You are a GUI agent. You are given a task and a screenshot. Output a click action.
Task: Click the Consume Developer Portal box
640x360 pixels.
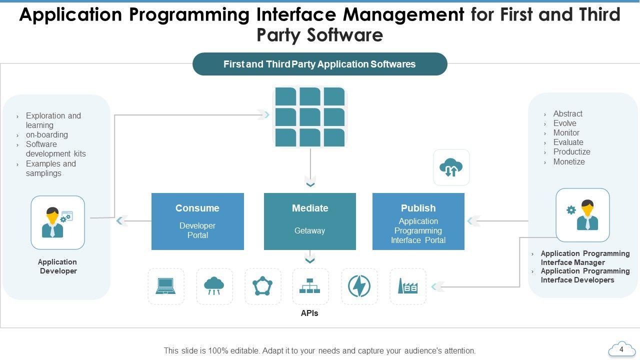tap(197, 221)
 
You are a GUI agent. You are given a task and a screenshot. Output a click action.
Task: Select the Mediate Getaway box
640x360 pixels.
tap(310, 221)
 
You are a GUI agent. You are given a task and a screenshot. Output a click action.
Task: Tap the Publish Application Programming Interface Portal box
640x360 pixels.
tap(418, 221)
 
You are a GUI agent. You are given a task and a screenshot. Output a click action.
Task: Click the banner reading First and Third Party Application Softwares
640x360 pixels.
tap(319, 64)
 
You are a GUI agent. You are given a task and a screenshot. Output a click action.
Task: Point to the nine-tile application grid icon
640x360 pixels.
tap(310, 116)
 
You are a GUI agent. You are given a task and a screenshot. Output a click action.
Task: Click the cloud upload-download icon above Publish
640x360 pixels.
tap(451, 167)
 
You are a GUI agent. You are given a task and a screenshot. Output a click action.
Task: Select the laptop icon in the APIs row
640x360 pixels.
tap(165, 286)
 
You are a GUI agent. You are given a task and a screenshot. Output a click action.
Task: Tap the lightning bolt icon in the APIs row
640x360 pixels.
tap(359, 286)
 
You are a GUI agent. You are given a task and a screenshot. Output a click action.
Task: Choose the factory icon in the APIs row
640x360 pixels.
tap(407, 286)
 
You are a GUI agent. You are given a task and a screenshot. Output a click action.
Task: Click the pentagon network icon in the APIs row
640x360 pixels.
tap(262, 286)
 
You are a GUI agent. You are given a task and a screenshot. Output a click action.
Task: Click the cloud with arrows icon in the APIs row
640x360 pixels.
tap(214, 286)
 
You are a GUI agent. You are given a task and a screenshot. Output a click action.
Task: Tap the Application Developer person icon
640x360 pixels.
tap(57, 222)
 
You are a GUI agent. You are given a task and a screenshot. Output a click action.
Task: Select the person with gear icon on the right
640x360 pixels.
tap(582, 215)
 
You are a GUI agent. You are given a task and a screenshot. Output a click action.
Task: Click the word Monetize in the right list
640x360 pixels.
tap(569, 161)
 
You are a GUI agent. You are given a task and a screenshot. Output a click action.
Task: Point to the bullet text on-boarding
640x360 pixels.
tap(47, 134)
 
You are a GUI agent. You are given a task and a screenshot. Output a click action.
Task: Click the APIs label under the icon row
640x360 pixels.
tap(309, 313)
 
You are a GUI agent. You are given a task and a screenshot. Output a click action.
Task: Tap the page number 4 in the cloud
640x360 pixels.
tap(621, 349)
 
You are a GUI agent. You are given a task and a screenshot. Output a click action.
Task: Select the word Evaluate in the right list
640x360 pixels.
tap(568, 142)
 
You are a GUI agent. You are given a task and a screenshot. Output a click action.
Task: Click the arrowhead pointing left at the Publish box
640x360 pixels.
tap(471, 220)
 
